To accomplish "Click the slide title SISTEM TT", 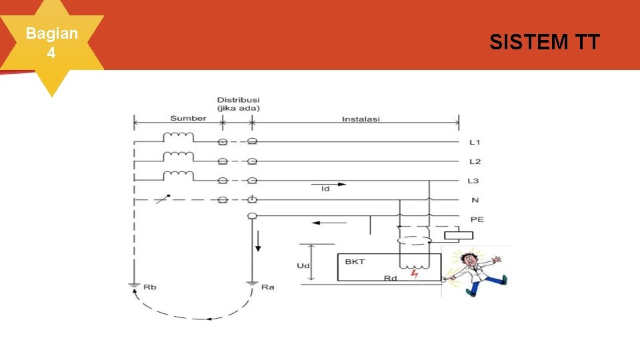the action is tap(544, 43).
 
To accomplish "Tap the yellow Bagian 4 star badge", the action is tap(51, 43).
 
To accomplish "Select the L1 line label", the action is tap(475, 143).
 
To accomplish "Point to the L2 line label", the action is tap(475, 162).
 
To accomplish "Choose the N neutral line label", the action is tap(475, 200).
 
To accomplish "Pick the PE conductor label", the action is tap(477, 219).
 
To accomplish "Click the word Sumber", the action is tap(188, 119).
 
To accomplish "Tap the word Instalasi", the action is tap(361, 119).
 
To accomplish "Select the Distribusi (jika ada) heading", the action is tap(238, 104).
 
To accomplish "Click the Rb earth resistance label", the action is tap(150, 287).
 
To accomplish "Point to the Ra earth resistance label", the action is tap(268, 287).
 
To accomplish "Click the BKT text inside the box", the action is tap(355, 262).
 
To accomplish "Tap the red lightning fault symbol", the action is tap(415, 273).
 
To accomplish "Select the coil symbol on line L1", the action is tap(178, 138).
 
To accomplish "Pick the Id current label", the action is tap(325, 189).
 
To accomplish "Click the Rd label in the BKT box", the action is tap(390, 278).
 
